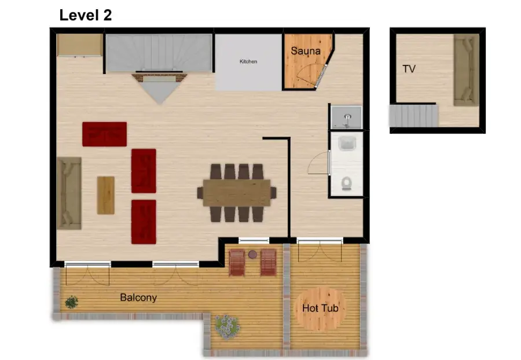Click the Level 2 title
pos(86,15)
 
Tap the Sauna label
pos(305,51)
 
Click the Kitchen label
pos(248,61)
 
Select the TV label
pos(409,69)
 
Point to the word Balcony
pos(138,297)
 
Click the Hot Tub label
pos(320,308)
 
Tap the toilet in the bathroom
pos(347,183)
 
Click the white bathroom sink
pos(347,144)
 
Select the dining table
pos(237,193)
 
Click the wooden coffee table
pos(106,195)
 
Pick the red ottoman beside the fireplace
pos(104,134)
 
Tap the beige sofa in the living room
pos(69,193)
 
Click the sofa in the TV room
pos(467,70)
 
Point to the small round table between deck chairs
pos(252,255)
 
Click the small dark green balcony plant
pos(71,302)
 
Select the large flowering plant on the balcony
pos(227,327)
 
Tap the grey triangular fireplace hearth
pos(160,90)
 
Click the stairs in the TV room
pos(414,116)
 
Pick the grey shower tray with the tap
pos(347,117)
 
